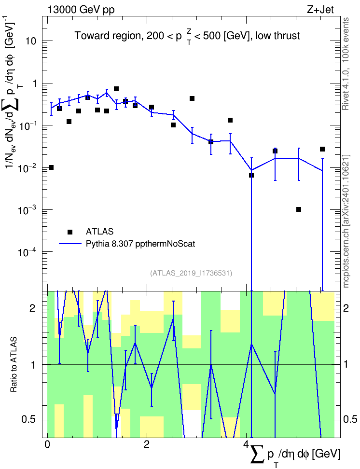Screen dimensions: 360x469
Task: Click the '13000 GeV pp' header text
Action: (x=81, y=10)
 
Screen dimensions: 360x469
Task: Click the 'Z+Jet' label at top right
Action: (x=320, y=10)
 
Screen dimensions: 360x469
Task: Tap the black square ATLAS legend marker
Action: (x=70, y=232)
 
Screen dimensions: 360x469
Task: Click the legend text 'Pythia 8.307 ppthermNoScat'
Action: (x=140, y=244)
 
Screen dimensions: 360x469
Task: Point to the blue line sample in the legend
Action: (x=70, y=244)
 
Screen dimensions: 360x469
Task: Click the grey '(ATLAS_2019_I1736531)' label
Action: (x=191, y=273)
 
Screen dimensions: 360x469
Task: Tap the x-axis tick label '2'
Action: (x=147, y=444)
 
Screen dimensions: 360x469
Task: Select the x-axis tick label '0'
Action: (x=47, y=444)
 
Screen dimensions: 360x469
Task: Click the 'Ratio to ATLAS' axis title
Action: (x=14, y=364)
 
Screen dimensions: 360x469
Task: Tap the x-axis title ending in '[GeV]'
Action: (x=295, y=455)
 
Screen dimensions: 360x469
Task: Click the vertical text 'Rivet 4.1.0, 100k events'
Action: (x=346, y=64)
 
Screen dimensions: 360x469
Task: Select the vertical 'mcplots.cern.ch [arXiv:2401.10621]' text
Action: (x=346, y=221)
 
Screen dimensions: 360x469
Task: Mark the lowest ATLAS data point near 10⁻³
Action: (x=299, y=209)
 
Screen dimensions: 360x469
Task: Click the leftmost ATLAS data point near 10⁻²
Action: (x=51, y=167)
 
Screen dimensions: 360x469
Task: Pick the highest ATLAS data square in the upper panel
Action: (x=116, y=89)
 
